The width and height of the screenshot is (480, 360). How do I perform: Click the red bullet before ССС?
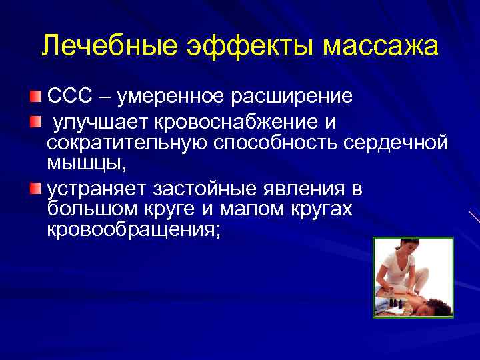point(35,97)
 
